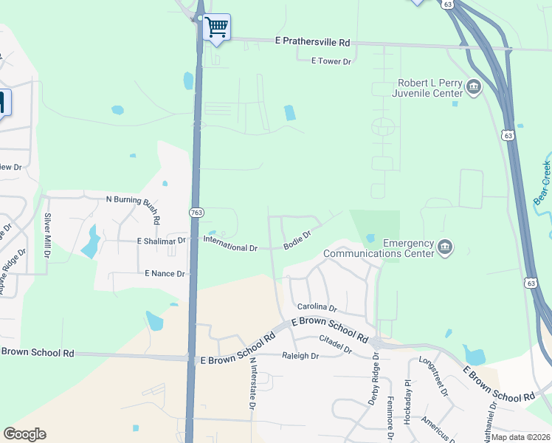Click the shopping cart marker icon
click(x=216, y=28)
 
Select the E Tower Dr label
click(x=331, y=61)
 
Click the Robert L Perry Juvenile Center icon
click(x=473, y=89)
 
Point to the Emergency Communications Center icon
click(x=444, y=247)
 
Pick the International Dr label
click(x=230, y=244)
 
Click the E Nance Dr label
click(x=165, y=273)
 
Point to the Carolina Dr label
click(x=317, y=307)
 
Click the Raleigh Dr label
click(x=300, y=356)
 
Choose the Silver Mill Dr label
click(x=48, y=236)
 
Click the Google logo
click(x=24, y=434)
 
